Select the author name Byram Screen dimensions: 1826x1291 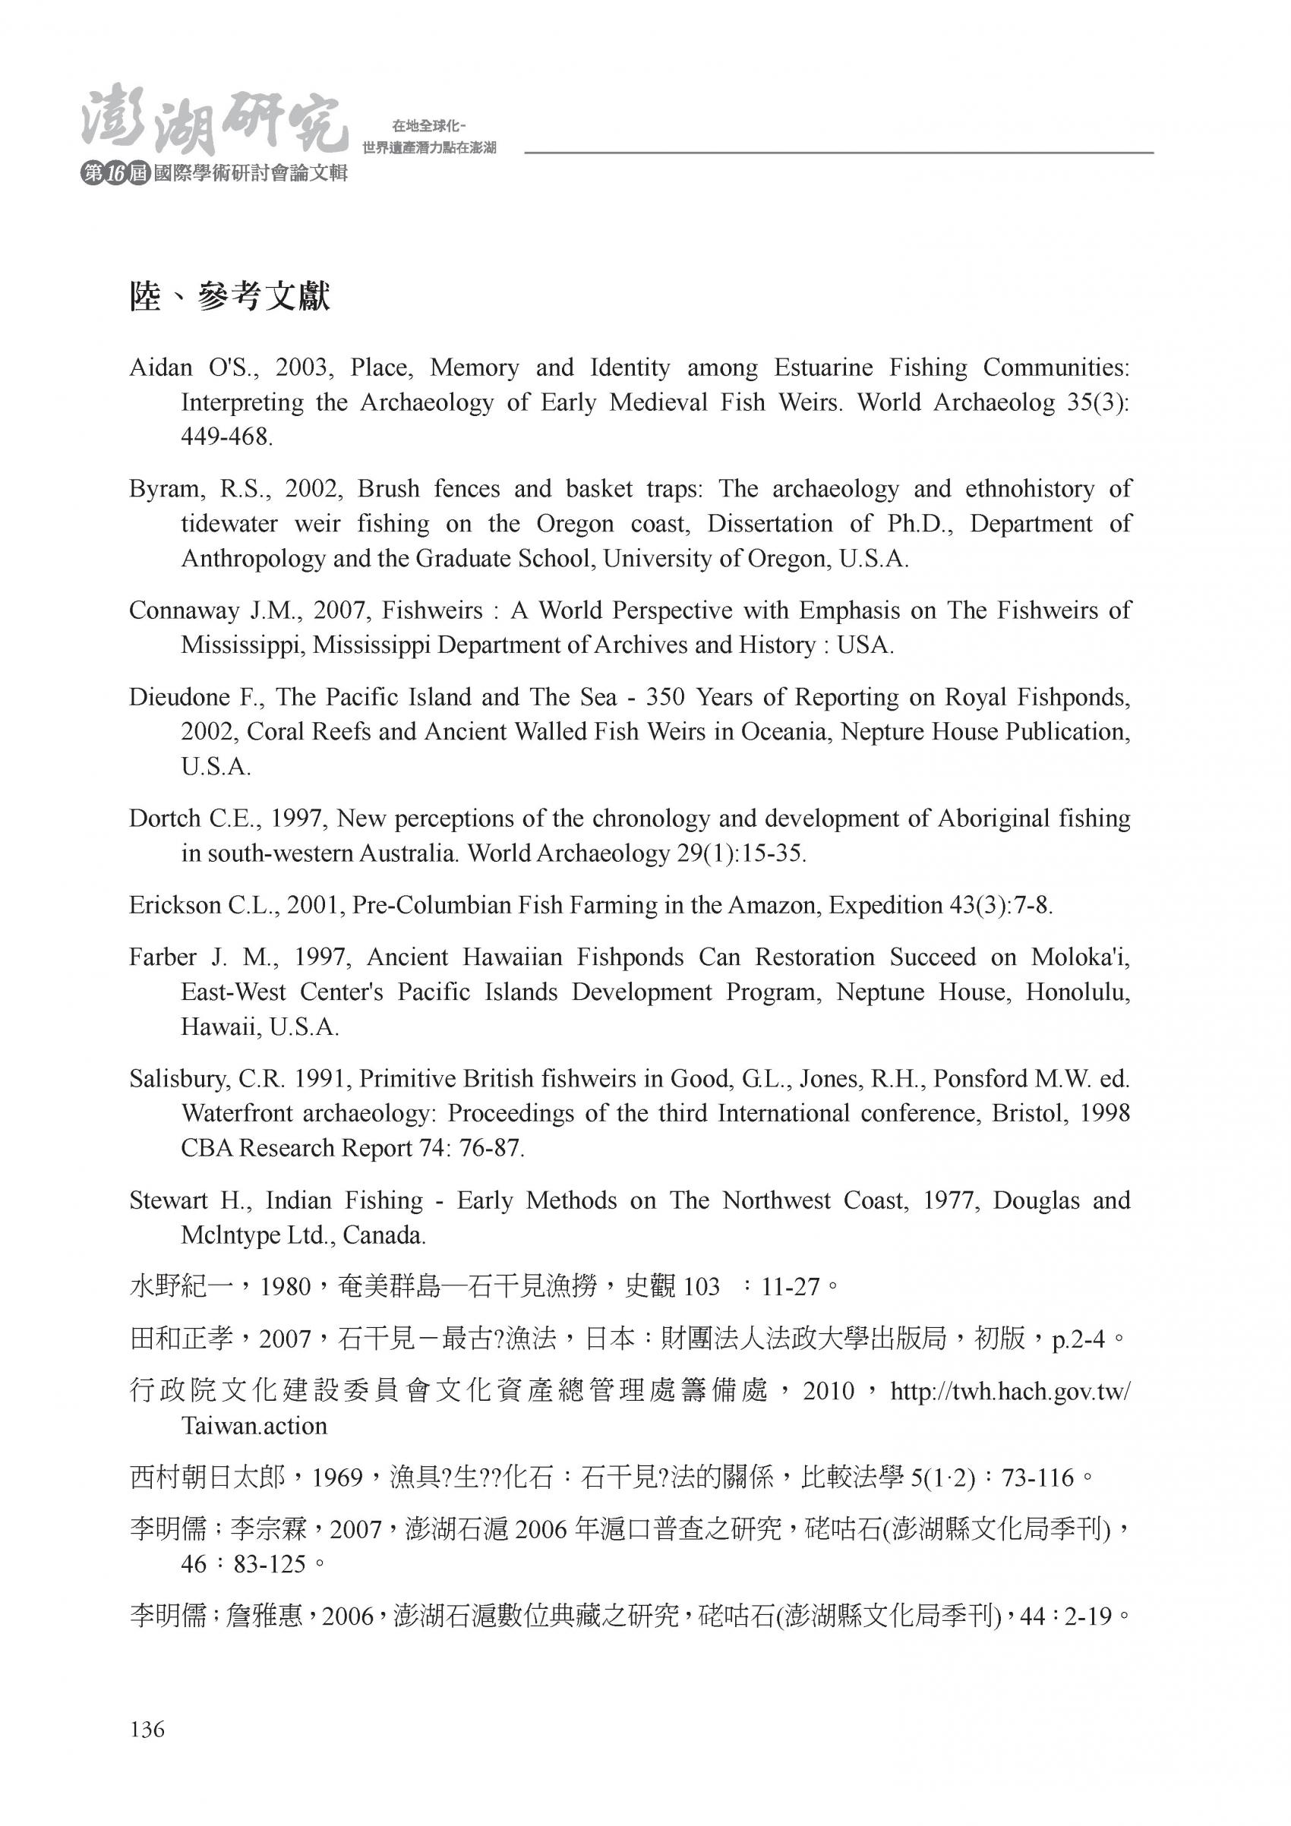[160, 489]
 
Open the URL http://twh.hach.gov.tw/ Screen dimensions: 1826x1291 [1009, 1391]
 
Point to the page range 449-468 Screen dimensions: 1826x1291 [227, 437]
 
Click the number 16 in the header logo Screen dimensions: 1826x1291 [115, 174]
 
